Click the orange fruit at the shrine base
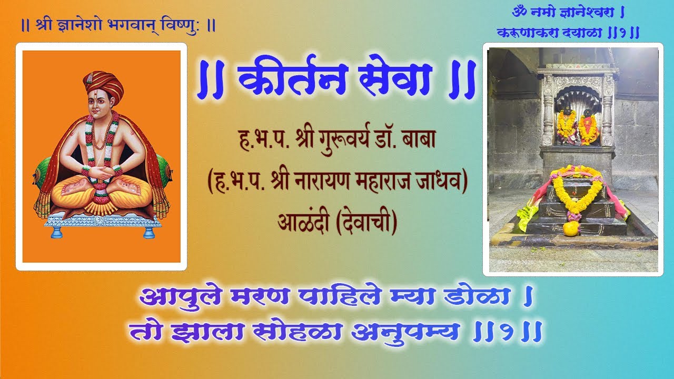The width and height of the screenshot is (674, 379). [570, 228]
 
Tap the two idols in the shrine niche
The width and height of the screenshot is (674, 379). [577, 125]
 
